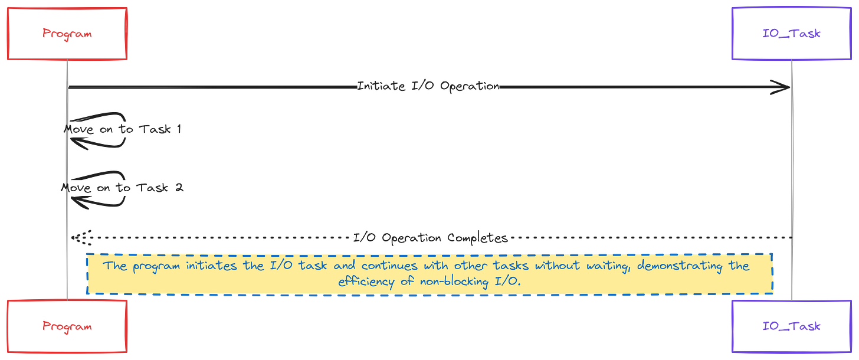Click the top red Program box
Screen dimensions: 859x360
pyautogui.click(x=67, y=33)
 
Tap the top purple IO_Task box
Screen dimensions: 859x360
pyautogui.click(x=792, y=33)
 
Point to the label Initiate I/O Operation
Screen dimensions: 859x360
pyautogui.click(x=429, y=86)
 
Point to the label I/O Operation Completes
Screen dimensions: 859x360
pyautogui.click(x=430, y=238)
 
